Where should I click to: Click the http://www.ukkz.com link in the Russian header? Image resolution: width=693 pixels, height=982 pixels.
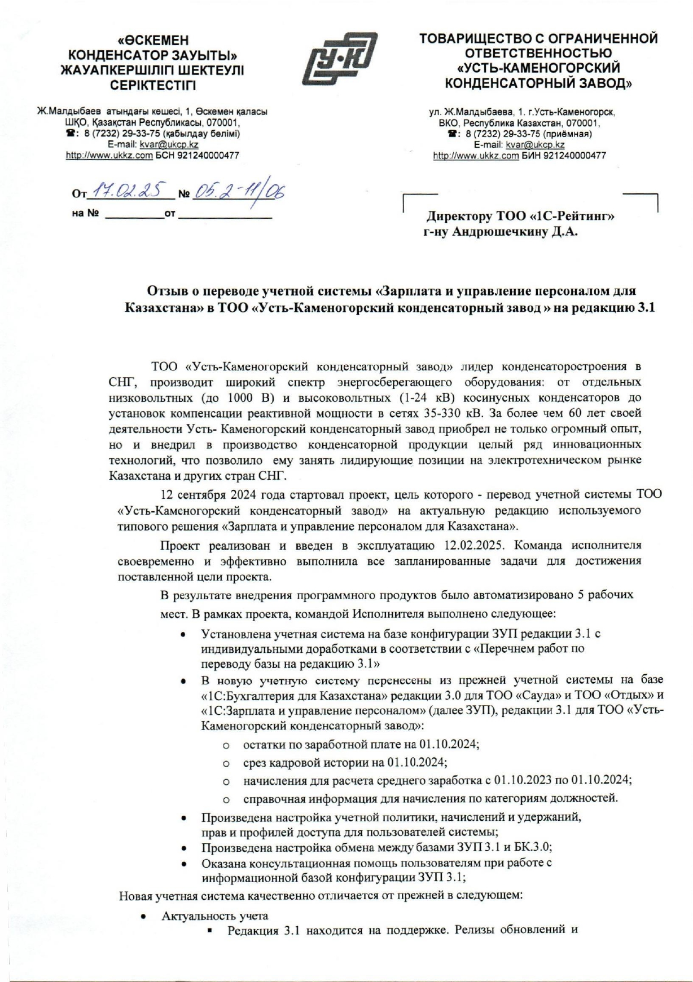pyautogui.click(x=475, y=156)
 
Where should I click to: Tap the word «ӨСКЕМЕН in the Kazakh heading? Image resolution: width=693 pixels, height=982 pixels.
pyautogui.click(x=153, y=41)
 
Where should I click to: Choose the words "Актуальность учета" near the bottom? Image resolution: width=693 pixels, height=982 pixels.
pyautogui.click(x=215, y=916)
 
